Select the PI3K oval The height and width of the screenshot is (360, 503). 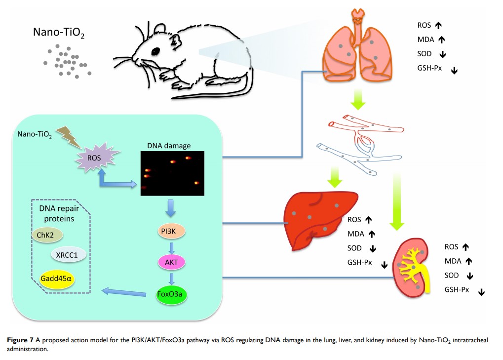tap(170, 231)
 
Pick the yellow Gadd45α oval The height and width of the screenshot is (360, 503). tap(56, 279)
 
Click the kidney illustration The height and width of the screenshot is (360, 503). tap(412, 268)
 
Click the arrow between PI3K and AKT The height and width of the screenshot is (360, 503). tap(171, 246)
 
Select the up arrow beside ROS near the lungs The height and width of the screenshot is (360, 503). tap(438, 26)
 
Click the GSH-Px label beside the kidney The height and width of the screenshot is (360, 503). tap(457, 289)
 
